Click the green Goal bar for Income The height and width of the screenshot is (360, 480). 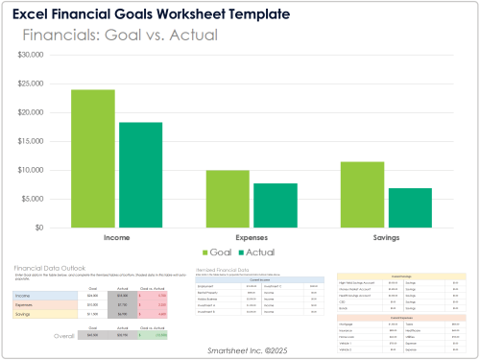[93, 158]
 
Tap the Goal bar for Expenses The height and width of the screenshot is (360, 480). [228, 199]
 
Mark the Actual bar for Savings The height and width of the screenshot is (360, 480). [408, 207]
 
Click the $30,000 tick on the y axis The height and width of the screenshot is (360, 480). [43, 55]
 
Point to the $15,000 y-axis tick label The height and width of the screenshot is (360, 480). [43, 141]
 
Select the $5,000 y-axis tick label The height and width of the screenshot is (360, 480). [45, 199]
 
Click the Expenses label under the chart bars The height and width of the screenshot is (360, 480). [251, 236]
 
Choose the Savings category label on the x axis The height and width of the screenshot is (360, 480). [386, 236]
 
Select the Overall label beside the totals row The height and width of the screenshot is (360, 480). [64, 337]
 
